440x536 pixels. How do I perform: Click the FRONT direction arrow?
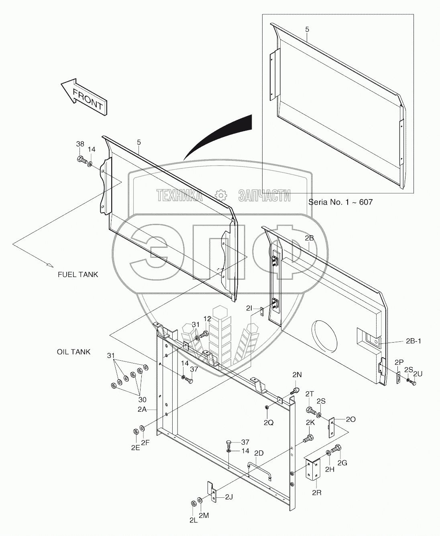tap(84, 97)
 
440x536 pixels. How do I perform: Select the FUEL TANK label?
tap(78, 275)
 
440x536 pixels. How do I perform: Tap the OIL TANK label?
tap(73, 352)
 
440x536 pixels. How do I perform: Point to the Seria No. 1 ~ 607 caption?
tap(340, 202)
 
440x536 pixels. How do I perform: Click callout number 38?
tap(80, 144)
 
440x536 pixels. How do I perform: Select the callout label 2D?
tap(259, 453)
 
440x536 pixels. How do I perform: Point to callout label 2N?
tap(297, 375)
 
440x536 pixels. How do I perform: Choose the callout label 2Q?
tap(269, 423)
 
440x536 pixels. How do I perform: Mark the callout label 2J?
tap(228, 497)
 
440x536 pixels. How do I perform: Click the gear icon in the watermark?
tap(220, 195)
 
